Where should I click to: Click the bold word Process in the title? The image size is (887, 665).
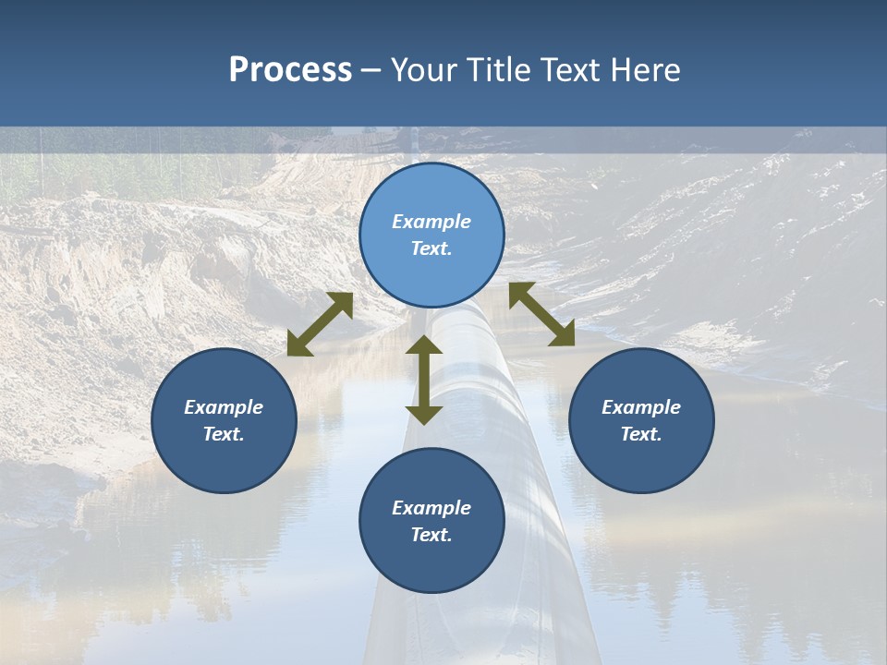290,70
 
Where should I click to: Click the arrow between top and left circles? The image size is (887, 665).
320,324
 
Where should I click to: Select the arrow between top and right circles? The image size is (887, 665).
541,314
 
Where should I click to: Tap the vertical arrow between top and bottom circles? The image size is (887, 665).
424,380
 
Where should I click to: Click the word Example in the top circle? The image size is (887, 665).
431,222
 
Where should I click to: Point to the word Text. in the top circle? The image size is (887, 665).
431,248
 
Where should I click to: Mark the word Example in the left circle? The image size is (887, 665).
224,407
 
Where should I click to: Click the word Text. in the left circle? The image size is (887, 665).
224,434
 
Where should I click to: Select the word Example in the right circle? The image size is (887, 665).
641,407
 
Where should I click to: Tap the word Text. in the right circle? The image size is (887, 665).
641,434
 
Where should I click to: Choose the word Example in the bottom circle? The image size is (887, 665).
431,508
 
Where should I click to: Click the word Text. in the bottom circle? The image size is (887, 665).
431,535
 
